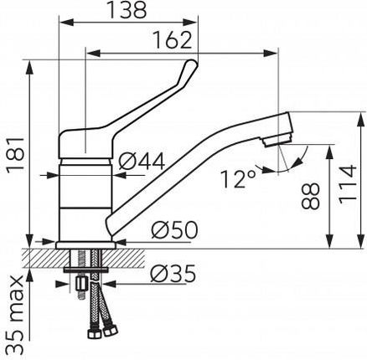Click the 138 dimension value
click(x=127, y=11)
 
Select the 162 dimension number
click(x=173, y=40)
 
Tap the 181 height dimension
click(x=16, y=156)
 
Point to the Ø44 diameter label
click(x=142, y=162)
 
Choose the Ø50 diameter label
click(x=174, y=230)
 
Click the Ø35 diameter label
click(x=173, y=274)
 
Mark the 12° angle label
click(x=238, y=178)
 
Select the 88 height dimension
click(x=310, y=196)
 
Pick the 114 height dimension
click(x=348, y=184)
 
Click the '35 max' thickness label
click(x=16, y=316)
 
